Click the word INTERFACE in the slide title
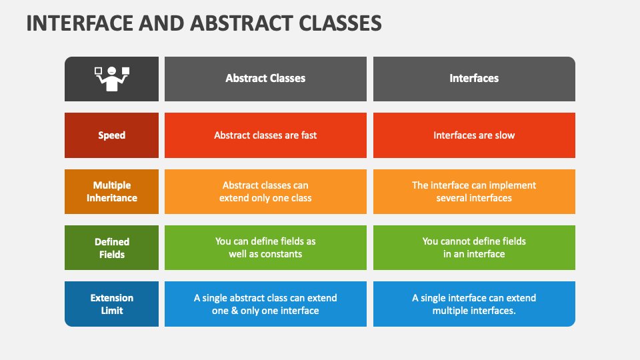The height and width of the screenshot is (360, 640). pyautogui.click(x=79, y=23)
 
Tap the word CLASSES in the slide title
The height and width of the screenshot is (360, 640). pyautogui.click(x=340, y=23)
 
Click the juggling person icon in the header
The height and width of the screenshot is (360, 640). pyautogui.click(x=112, y=79)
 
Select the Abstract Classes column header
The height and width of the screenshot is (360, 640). pyautogui.click(x=265, y=79)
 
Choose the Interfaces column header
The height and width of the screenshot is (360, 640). pyautogui.click(x=474, y=79)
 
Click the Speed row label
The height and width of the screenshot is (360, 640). pyautogui.click(x=111, y=135)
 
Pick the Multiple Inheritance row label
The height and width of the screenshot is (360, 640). pyautogui.click(x=111, y=191)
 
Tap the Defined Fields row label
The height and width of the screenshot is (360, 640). pyautogui.click(x=111, y=248)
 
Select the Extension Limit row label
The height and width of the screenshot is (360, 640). pyautogui.click(x=111, y=304)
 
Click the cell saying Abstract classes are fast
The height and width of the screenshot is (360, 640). pyautogui.click(x=265, y=135)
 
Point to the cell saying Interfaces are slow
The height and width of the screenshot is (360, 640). pyautogui.click(x=474, y=135)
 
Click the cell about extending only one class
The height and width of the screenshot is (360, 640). pyautogui.click(x=265, y=191)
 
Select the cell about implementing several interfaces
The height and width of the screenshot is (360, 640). pyautogui.click(x=474, y=191)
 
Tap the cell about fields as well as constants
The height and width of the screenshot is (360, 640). pyautogui.click(x=265, y=248)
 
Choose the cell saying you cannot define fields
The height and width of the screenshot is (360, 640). pyautogui.click(x=474, y=248)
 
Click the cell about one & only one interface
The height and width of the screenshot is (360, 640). pyautogui.click(x=265, y=304)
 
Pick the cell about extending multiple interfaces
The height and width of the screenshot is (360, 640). pyautogui.click(x=474, y=304)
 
